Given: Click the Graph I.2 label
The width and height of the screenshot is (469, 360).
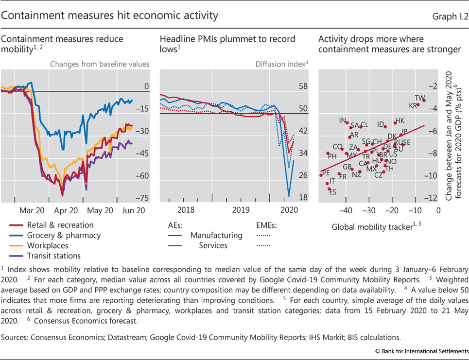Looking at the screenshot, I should (x=450, y=16).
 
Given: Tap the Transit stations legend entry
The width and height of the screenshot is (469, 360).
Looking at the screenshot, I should (x=53, y=256).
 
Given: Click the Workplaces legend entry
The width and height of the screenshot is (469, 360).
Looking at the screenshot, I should (x=47, y=245).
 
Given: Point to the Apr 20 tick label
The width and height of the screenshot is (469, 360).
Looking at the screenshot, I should (x=66, y=211).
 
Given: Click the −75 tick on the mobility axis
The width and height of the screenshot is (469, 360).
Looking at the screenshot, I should (x=142, y=198).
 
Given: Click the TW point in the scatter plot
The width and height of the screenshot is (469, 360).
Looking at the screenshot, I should (x=424, y=100).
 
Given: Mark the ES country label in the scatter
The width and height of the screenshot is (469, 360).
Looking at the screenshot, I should (x=332, y=192).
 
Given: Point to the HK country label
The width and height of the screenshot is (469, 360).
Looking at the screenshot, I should (x=400, y=120).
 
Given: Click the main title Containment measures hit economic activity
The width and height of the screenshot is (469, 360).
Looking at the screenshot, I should (x=110, y=16).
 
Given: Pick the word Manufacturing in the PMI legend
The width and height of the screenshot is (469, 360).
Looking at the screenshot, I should (x=216, y=235).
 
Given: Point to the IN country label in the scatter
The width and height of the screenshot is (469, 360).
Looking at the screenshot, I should (x=343, y=121).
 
